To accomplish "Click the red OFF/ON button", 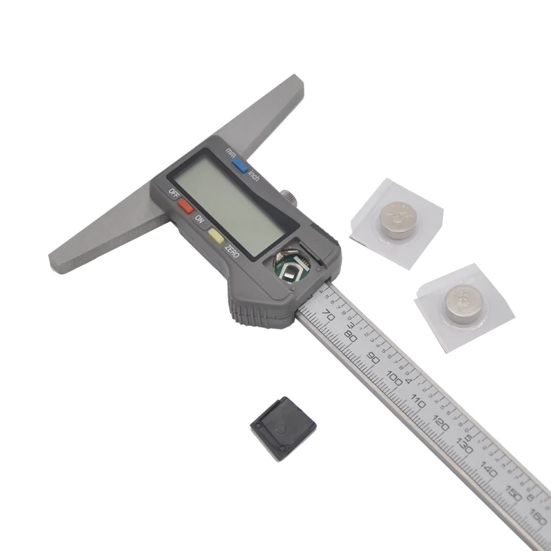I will click(x=185, y=205).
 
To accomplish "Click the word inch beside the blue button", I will click(x=253, y=175).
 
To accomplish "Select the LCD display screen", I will click(x=234, y=202).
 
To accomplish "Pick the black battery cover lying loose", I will click(x=282, y=428).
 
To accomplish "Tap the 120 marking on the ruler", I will click(x=441, y=422).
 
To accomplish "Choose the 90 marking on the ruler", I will click(x=374, y=357).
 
